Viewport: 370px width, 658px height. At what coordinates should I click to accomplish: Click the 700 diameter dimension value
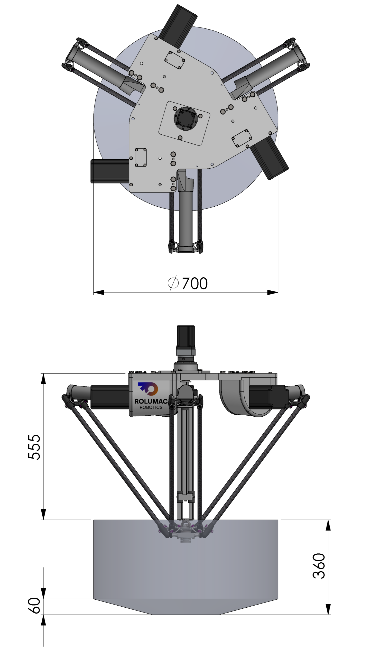195,283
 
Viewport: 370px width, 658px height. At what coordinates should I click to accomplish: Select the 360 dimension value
319,566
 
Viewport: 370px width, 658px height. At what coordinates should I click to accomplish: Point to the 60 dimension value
34,605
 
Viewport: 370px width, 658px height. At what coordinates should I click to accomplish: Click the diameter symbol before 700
173,283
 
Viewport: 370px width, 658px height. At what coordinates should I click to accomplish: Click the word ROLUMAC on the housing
151,401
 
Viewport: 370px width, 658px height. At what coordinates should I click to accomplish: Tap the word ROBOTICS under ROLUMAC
151,407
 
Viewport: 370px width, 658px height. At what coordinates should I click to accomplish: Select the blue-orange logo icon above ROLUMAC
148,388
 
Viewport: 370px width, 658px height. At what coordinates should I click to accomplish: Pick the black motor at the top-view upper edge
178,26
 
